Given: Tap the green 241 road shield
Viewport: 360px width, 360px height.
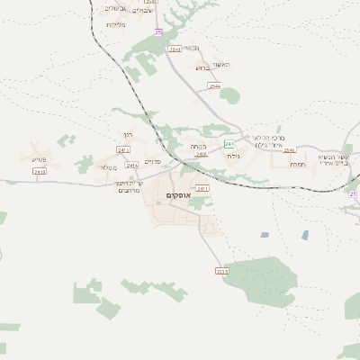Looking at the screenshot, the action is pyautogui.click(x=229, y=143).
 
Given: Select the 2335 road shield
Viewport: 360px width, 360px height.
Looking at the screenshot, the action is pyautogui.click(x=222, y=270).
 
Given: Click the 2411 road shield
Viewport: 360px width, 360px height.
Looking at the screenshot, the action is pyautogui.click(x=202, y=188).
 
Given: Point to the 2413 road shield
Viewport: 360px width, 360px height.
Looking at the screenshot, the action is pyautogui.click(x=39, y=171).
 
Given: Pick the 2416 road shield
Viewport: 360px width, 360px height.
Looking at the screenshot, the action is pyautogui.click(x=201, y=154).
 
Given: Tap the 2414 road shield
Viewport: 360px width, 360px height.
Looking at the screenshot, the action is pyautogui.click(x=132, y=165).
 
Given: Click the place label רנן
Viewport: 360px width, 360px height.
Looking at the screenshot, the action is pyautogui.click(x=126, y=137).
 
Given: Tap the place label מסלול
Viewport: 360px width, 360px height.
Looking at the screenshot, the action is pyautogui.click(x=107, y=167).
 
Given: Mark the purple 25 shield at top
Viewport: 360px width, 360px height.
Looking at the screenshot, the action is pyautogui.click(x=157, y=32).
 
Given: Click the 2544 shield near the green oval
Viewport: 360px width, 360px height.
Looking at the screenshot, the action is pyautogui.click(x=214, y=85).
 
